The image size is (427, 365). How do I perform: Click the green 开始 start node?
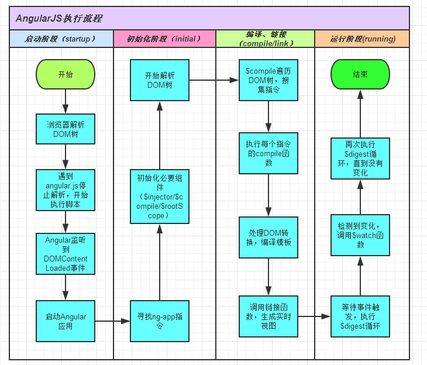point(66,75)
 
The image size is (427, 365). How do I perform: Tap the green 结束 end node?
point(360,75)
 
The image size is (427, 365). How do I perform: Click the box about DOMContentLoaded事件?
point(66,254)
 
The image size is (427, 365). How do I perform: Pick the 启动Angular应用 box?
point(66,321)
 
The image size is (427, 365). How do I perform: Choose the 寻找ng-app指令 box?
point(160,321)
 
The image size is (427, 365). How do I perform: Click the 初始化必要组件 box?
point(160,197)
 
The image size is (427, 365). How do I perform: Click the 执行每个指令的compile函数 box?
point(268,153)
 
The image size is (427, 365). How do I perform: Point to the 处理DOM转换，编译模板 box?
point(268,237)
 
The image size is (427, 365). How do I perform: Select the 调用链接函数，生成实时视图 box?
point(268,316)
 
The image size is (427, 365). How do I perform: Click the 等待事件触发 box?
point(360,316)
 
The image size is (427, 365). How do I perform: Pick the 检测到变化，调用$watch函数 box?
point(360,235)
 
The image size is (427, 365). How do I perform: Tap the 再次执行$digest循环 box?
point(360,159)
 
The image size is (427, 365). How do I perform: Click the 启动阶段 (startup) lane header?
point(61,39)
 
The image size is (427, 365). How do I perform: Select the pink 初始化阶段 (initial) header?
point(164,39)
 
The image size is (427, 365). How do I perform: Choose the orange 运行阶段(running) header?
point(362,39)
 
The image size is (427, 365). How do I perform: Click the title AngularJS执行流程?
point(58,18)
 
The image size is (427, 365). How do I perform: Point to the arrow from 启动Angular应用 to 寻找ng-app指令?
point(112,321)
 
